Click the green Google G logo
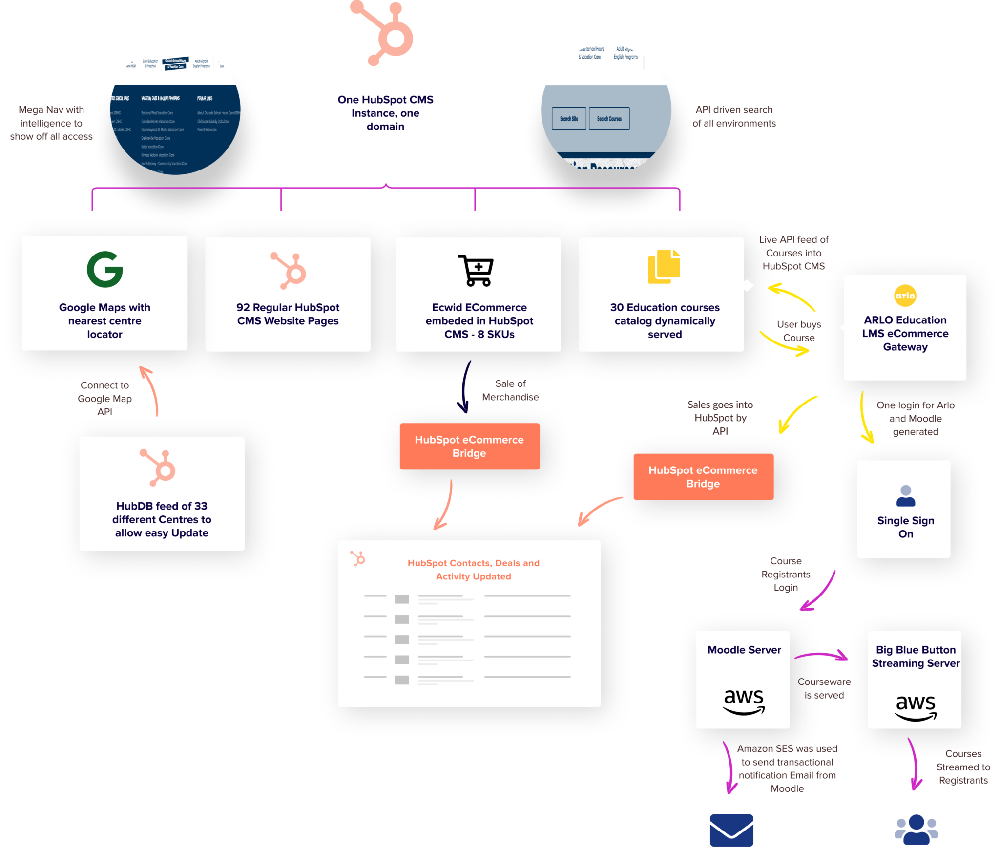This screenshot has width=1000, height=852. (104, 269)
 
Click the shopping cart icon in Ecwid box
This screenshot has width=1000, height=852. (476, 270)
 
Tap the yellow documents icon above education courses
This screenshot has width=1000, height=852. (664, 267)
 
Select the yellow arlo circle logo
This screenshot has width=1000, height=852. (905, 296)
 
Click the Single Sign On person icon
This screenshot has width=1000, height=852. (906, 496)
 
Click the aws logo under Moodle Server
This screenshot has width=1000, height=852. (743, 702)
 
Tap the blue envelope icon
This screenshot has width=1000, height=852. (731, 830)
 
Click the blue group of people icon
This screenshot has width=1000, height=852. (916, 830)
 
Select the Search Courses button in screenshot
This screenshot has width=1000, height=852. (609, 119)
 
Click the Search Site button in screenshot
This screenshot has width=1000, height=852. (569, 119)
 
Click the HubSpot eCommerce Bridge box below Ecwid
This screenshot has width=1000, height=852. (469, 447)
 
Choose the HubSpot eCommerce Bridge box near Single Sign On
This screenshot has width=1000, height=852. (703, 477)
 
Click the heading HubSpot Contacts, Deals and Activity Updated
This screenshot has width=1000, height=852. (473, 570)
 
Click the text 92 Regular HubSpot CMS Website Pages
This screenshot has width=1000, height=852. (288, 314)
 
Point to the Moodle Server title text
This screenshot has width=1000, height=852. (744, 650)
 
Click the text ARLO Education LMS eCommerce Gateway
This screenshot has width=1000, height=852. (905, 334)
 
